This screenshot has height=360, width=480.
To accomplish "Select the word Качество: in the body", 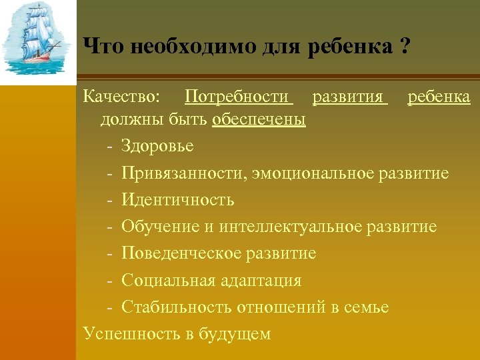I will coord(121,98).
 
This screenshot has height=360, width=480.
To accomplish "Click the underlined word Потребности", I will coord(239,98).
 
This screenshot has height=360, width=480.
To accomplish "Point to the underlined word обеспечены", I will coord(259,119).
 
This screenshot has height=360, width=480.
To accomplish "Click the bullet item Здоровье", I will coord(157,146).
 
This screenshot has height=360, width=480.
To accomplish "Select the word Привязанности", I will coord(181,173).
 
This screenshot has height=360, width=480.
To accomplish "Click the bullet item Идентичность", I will coord(177,200).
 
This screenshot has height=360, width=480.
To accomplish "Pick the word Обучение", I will coord(160,227).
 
